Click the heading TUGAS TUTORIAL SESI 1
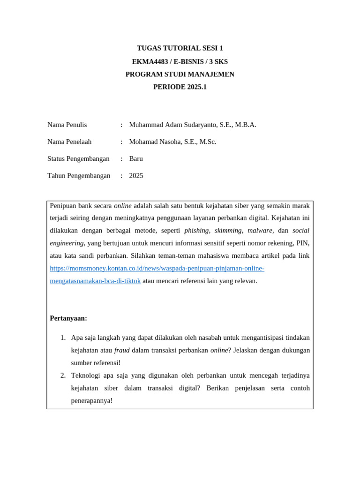click(x=180, y=48)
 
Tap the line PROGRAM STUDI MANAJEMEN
click(x=180, y=74)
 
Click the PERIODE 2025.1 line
click(x=180, y=87)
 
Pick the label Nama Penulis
click(x=67, y=125)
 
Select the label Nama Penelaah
click(x=69, y=142)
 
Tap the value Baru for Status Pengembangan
click(x=136, y=158)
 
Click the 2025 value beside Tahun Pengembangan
click(x=136, y=176)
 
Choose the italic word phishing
click(x=196, y=231)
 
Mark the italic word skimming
click(x=228, y=231)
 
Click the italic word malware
click(x=260, y=231)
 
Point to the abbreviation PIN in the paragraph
click(x=302, y=243)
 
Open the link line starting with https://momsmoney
click(x=157, y=268)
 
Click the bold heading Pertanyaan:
click(x=68, y=318)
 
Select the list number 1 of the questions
click(x=63, y=337)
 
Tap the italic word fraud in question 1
click(x=122, y=350)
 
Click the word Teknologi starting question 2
click(x=86, y=375)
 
